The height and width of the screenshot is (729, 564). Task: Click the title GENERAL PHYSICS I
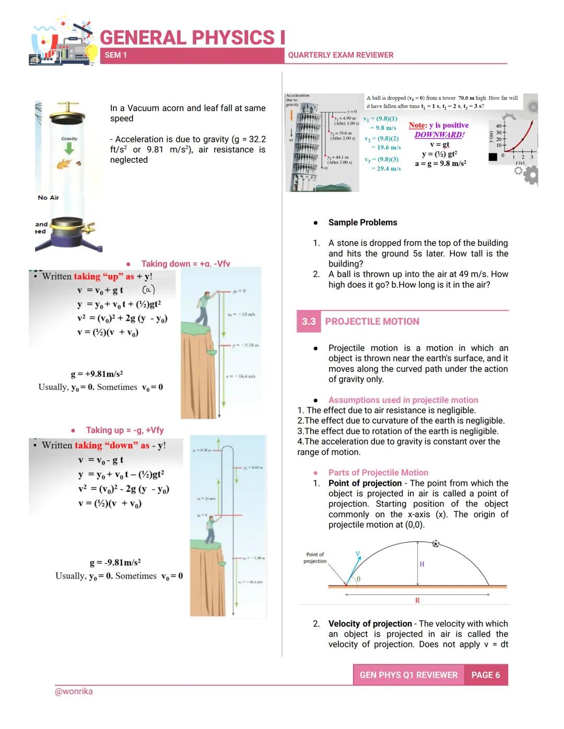point(192,38)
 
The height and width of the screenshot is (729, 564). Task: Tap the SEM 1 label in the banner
point(115,55)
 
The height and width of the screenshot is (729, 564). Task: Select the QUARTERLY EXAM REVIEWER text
point(340,55)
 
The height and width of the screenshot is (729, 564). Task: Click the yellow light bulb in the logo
point(91,52)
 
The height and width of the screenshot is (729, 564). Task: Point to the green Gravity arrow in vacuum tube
point(69,149)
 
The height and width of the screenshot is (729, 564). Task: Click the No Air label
point(48,198)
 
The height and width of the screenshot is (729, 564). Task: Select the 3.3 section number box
point(309,321)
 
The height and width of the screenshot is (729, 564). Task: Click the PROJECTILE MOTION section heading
point(372,321)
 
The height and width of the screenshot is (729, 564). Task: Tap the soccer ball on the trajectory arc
point(436,544)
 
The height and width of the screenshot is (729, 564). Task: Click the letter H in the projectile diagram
point(422,564)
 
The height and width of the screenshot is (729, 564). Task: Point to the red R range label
point(417,601)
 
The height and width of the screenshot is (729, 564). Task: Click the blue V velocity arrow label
point(358,554)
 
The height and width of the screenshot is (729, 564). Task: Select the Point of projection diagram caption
point(315,558)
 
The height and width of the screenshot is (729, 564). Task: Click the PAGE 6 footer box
point(486,675)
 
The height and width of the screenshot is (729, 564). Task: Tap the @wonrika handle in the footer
point(74,691)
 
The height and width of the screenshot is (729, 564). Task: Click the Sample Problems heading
point(362,222)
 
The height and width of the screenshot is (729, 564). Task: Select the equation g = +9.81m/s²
point(97,374)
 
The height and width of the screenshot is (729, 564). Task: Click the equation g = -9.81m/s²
point(115,563)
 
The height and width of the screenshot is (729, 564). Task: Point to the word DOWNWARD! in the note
point(439,135)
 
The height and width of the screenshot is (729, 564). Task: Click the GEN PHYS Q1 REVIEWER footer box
point(408,675)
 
